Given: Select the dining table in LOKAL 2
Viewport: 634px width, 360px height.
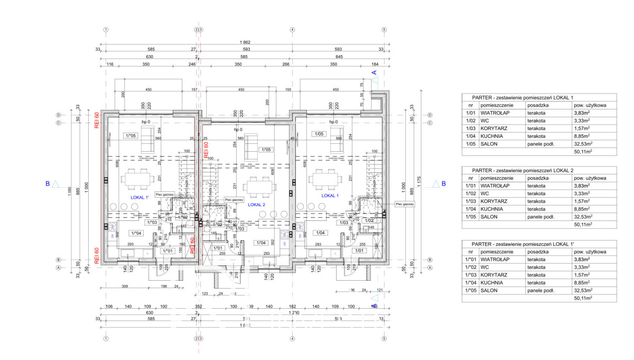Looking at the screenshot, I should point(259,187).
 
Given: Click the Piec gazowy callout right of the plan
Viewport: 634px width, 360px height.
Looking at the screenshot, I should point(405,204).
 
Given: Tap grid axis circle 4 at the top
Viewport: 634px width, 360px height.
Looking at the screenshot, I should point(292,30).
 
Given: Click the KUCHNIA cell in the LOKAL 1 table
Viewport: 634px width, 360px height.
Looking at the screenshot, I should point(491,135).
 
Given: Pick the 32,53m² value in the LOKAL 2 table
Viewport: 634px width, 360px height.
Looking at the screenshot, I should point(584,216).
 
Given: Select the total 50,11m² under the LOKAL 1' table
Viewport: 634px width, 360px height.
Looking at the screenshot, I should point(583,298).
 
